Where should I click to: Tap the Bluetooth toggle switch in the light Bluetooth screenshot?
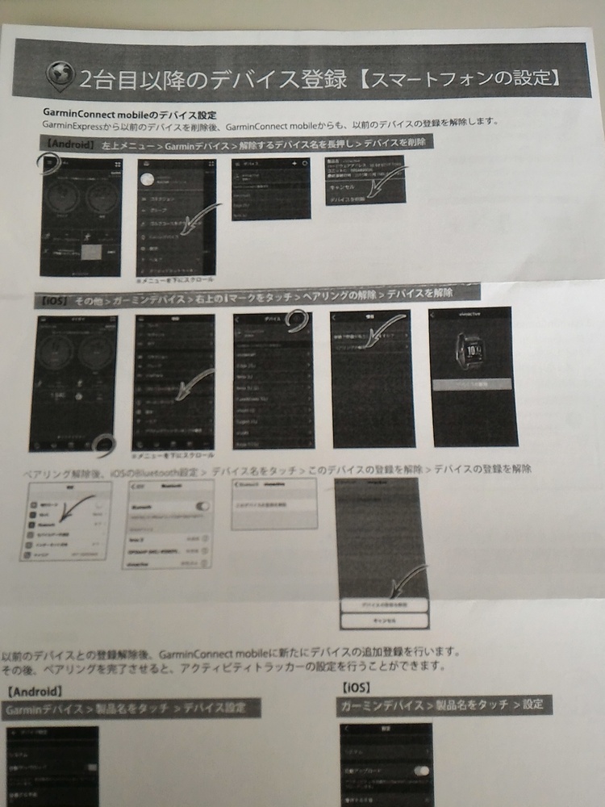[x=204, y=506]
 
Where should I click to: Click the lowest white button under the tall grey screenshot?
[x=383, y=620]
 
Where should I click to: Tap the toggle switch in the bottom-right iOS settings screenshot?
[x=420, y=771]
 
